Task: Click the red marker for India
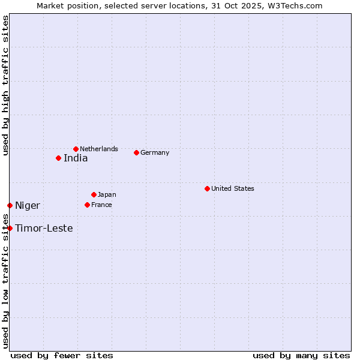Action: [x=58, y=158]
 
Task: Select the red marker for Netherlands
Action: [x=76, y=149]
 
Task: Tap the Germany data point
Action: [x=136, y=152]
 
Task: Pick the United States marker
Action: [x=207, y=188]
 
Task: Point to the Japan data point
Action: [x=94, y=194]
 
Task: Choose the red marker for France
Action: [x=87, y=205]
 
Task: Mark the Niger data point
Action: [x=10, y=206]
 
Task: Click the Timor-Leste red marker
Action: [x=10, y=228]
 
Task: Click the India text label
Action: [x=76, y=158]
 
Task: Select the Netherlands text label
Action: [x=99, y=149]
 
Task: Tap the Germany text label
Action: [x=155, y=152]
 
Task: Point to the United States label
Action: [x=233, y=188]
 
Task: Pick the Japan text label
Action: [x=107, y=194]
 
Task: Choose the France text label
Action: [x=101, y=205]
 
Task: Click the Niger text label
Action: [x=28, y=206]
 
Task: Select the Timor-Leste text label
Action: [x=44, y=228]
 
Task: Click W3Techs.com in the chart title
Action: [x=294, y=5]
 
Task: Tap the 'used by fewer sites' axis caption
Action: [x=62, y=355]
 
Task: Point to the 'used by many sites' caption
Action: [x=301, y=355]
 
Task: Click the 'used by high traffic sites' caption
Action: [x=5, y=85]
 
